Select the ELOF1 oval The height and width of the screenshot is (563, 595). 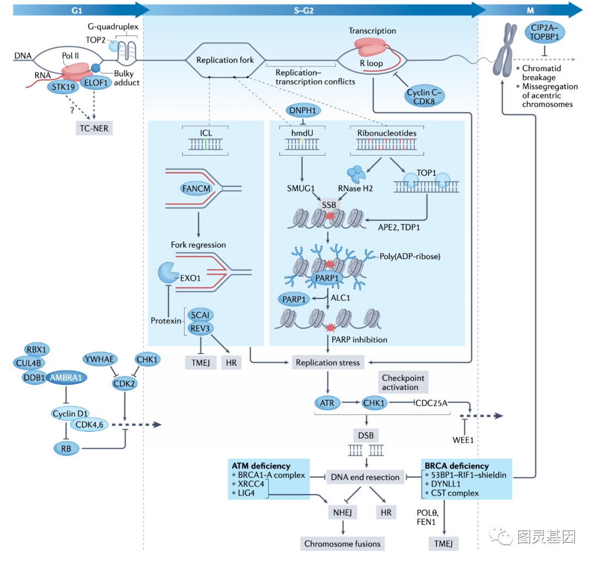(x=98, y=83)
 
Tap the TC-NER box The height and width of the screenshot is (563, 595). (x=96, y=128)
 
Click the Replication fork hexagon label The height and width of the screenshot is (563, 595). (x=225, y=60)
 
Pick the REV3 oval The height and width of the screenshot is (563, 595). (x=201, y=328)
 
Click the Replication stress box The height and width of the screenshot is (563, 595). (x=327, y=362)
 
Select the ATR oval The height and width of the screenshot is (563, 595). (x=327, y=403)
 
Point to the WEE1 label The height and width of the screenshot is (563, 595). (x=464, y=439)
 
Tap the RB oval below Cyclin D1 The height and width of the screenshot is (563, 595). (x=67, y=448)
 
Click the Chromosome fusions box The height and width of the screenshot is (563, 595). (x=343, y=543)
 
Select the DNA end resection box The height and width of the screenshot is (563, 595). (x=364, y=477)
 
